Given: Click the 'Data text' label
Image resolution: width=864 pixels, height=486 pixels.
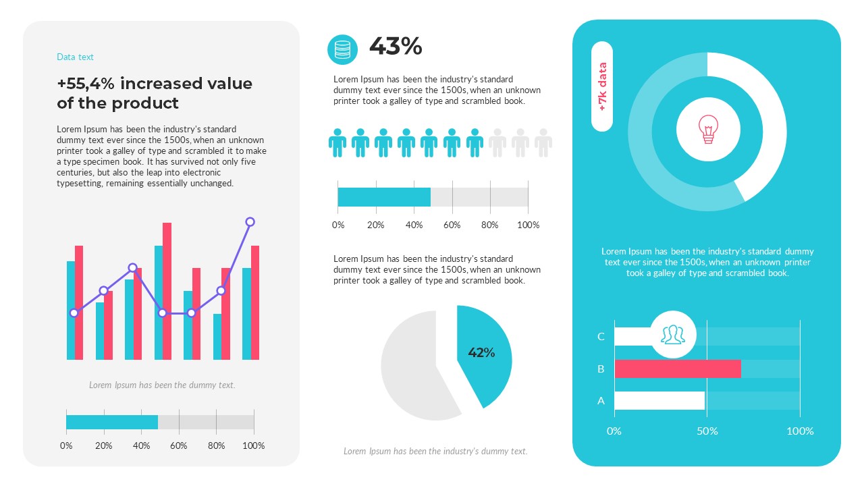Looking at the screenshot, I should (x=75, y=57).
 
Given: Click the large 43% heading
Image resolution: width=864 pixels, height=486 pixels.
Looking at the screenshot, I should (x=396, y=47).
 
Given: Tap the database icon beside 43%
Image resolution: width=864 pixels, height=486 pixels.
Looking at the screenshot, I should (x=343, y=50).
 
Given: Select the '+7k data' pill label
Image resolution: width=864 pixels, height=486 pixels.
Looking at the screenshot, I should (x=602, y=86).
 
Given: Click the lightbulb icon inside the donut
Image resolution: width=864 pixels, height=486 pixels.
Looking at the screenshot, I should (x=707, y=128).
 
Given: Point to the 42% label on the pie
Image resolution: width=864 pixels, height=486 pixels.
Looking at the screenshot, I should (x=481, y=352).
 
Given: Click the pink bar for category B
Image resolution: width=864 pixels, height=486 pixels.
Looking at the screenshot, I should (x=677, y=369).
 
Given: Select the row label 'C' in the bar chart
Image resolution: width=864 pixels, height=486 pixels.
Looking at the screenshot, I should (x=601, y=337).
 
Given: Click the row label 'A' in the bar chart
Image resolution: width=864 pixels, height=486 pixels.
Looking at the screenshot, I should (x=601, y=401).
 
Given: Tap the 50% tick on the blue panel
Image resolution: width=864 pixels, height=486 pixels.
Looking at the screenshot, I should (x=707, y=431).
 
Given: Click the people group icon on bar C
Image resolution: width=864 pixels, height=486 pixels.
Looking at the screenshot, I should (x=672, y=334).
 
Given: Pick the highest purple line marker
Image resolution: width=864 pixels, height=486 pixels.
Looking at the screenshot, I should (x=250, y=222).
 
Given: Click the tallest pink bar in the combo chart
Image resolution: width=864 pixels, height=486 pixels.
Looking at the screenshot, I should (x=167, y=290).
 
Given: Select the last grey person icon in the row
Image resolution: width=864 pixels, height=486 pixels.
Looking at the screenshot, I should (x=543, y=143).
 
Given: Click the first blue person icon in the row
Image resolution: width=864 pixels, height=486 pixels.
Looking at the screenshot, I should (x=337, y=143).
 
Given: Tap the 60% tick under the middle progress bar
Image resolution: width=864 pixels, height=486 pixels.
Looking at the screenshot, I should (x=452, y=225).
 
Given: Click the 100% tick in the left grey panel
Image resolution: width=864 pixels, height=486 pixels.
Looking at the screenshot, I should (x=254, y=446).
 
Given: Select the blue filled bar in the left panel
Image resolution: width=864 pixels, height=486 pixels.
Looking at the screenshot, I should (x=112, y=422).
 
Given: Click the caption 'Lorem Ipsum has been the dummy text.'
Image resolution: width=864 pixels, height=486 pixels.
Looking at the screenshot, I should (x=162, y=385).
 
